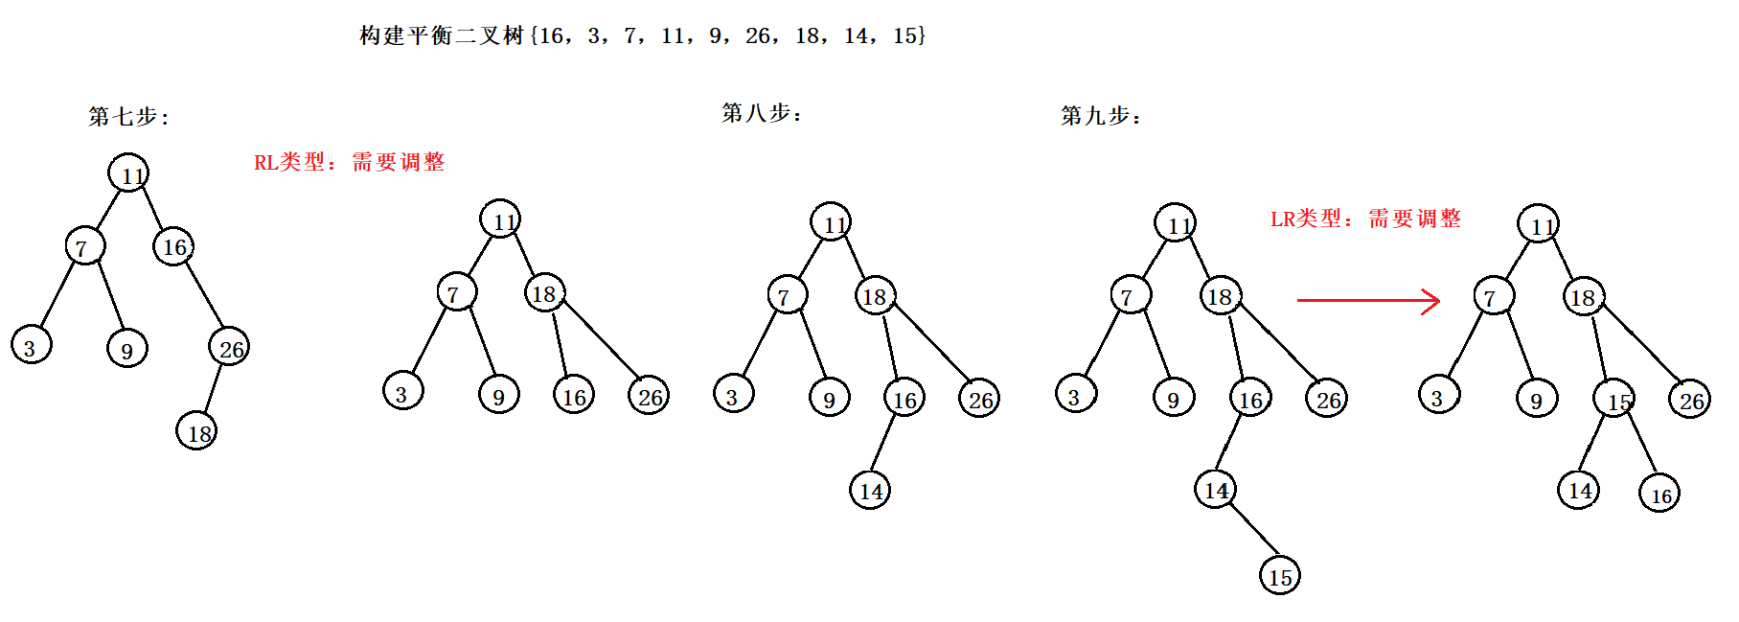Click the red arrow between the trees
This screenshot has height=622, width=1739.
pyautogui.click(x=1368, y=301)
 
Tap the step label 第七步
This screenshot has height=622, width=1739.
pyautogui.click(x=127, y=117)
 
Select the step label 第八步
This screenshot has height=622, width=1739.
pyautogui.click(x=761, y=113)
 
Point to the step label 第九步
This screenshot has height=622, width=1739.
pyautogui.click(x=1100, y=116)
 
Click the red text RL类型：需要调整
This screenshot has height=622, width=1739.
pyautogui.click(x=349, y=162)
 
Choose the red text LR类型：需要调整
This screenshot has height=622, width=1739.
pyautogui.click(x=1365, y=219)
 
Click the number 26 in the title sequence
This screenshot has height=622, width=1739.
pyautogui.click(x=757, y=36)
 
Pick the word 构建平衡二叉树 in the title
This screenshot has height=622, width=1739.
pyautogui.click(x=442, y=36)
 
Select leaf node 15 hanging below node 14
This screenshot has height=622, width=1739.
pyautogui.click(x=1280, y=575)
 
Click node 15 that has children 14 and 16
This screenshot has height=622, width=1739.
pyautogui.click(x=1614, y=399)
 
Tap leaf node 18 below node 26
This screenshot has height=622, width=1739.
pyautogui.click(x=196, y=432)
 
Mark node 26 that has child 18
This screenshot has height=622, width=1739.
pyautogui.click(x=230, y=348)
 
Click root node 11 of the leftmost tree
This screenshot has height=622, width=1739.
pyautogui.click(x=128, y=173)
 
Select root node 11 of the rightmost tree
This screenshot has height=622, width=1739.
pyautogui.click(x=1539, y=224)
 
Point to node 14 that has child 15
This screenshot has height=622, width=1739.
pyautogui.click(x=1215, y=490)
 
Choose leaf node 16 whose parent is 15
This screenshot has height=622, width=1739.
pyautogui.click(x=1659, y=495)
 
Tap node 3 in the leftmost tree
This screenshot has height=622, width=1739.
pyautogui.click(x=31, y=346)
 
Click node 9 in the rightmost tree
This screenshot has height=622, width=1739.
pyautogui.click(x=1537, y=399)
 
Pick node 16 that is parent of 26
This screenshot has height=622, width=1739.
pyautogui.click(x=173, y=247)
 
